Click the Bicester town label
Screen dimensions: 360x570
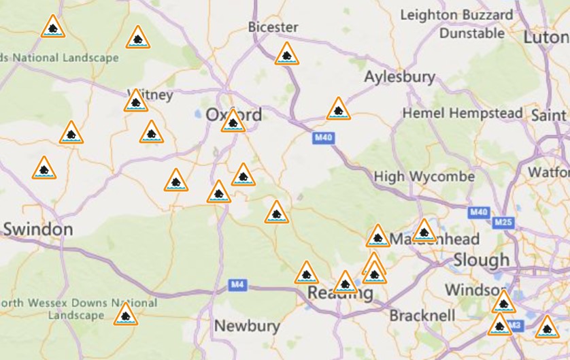pyautogui.click(x=273, y=27)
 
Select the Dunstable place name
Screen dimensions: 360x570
pyautogui.click(x=471, y=33)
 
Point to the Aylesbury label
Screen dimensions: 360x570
pyautogui.click(x=399, y=76)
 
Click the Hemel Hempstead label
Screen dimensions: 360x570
pyautogui.click(x=463, y=113)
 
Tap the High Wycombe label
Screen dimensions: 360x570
pyautogui.click(x=424, y=177)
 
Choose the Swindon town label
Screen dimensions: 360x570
pyautogui.click(x=38, y=229)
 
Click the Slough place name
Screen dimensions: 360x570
pyautogui.click(x=481, y=259)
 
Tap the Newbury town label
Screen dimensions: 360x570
pyautogui.click(x=247, y=326)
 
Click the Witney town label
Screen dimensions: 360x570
pyautogui.click(x=151, y=95)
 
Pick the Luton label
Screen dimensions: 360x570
pyautogui.click(x=545, y=37)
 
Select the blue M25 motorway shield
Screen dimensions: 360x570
pyautogui.click(x=503, y=222)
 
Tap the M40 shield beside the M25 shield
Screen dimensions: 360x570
pyautogui.click(x=479, y=212)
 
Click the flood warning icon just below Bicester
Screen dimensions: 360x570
pyautogui.click(x=287, y=54)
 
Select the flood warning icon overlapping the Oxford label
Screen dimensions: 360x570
pyautogui.click(x=233, y=121)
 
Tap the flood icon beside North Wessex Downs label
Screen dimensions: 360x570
pyautogui.click(x=125, y=315)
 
